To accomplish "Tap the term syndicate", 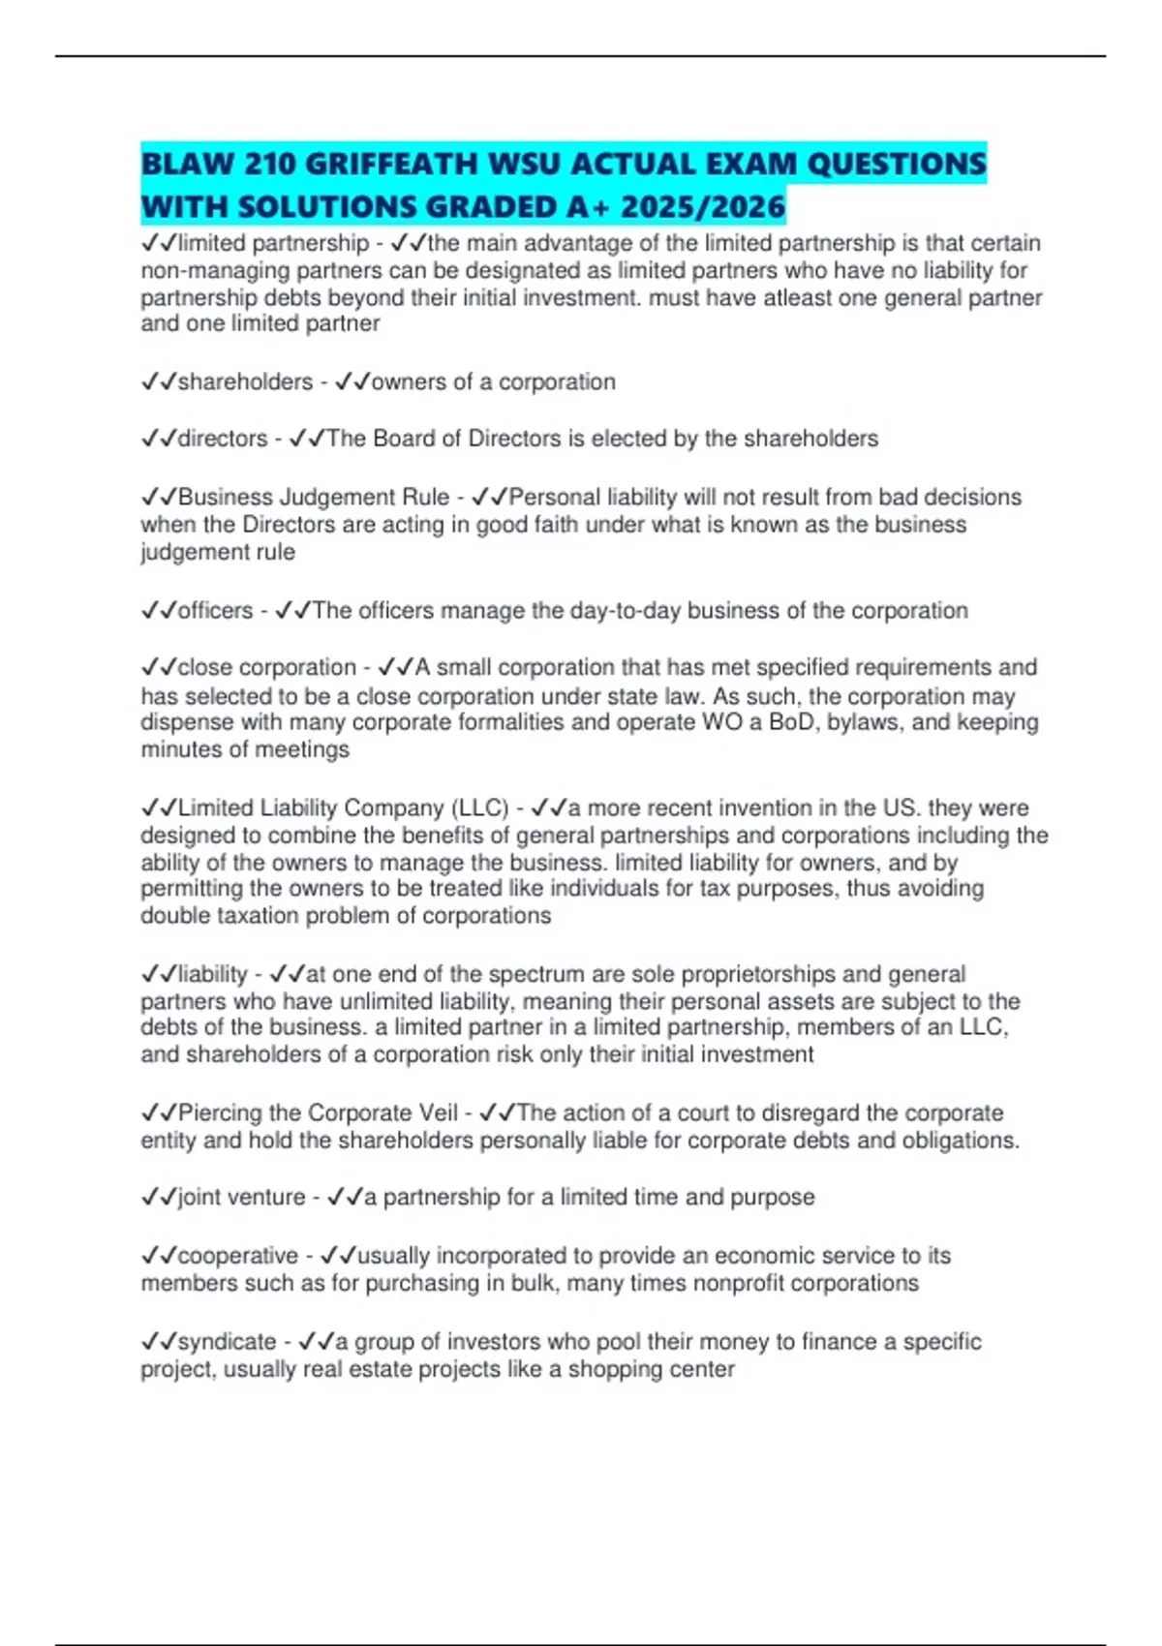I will [x=227, y=1342].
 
